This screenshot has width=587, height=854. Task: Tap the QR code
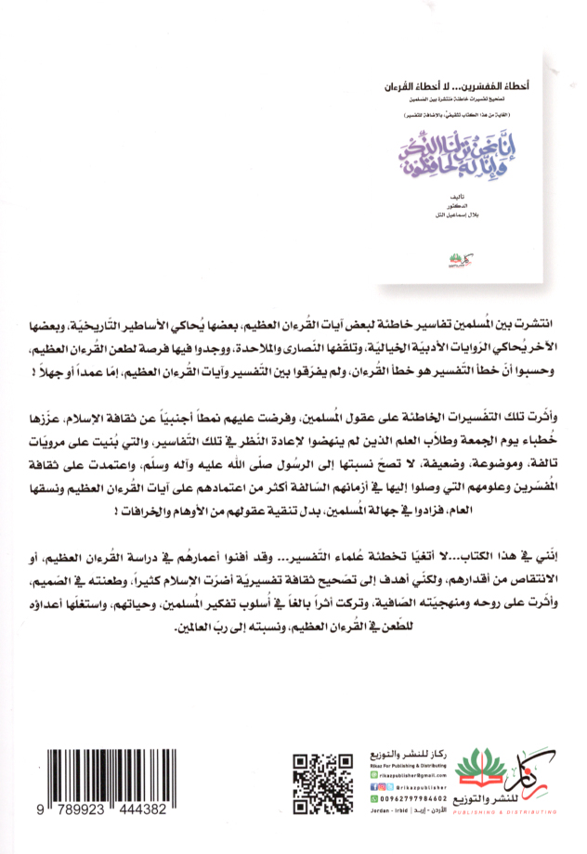317,776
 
